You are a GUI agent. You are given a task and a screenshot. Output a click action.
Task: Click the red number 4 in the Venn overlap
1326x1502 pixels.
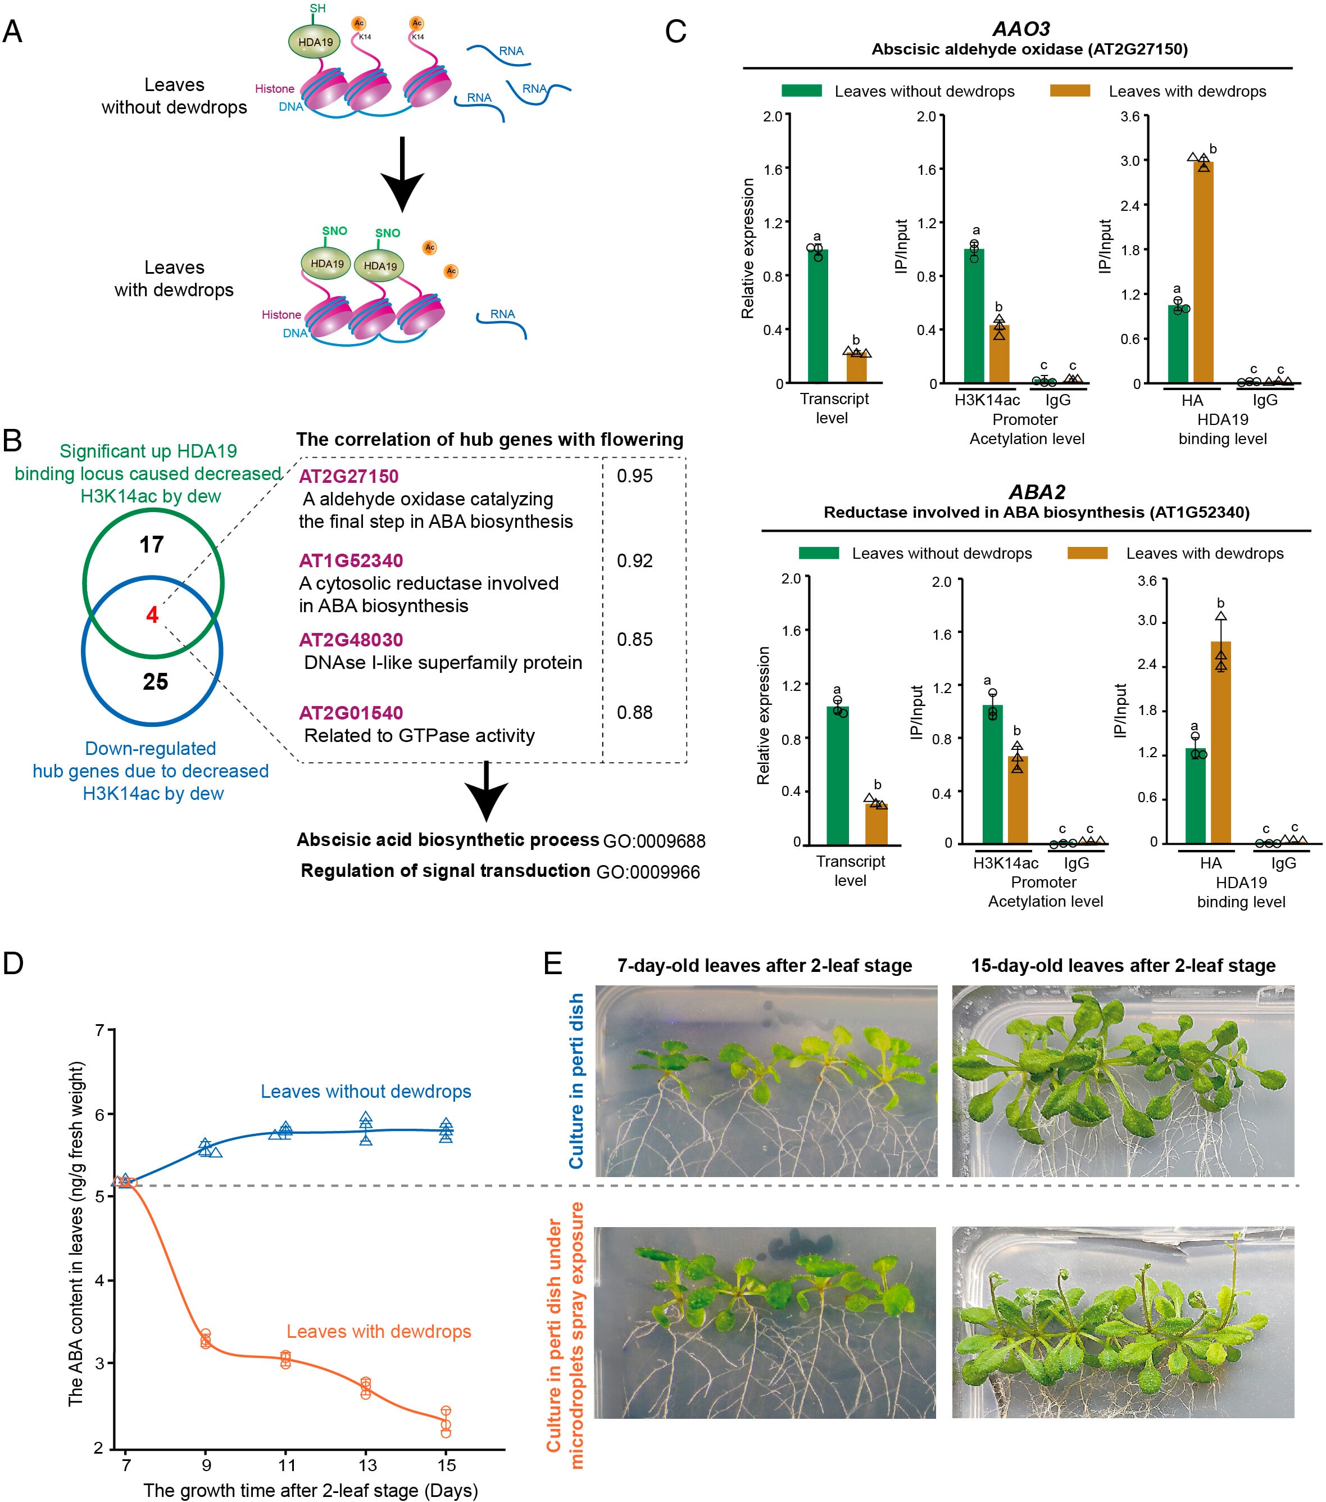152,614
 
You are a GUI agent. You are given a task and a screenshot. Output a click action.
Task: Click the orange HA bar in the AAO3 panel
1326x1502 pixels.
1202,272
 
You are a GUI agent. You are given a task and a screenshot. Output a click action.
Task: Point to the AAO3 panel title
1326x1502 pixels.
1021,29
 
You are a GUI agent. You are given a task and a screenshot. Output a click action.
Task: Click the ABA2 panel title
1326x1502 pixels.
1037,492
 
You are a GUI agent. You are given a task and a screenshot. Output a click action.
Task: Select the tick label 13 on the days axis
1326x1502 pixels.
367,1464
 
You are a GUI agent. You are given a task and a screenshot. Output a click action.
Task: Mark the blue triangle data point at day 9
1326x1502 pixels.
206,1147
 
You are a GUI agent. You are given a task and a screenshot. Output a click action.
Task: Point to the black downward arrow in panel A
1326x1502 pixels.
402,173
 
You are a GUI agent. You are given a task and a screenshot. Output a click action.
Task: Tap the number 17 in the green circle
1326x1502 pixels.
152,545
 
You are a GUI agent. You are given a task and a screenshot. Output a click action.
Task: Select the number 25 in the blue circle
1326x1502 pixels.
155,681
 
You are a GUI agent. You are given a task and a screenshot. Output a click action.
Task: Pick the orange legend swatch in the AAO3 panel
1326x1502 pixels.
1070,91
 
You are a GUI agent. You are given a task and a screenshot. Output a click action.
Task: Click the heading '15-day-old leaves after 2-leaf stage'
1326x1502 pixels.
1123,966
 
